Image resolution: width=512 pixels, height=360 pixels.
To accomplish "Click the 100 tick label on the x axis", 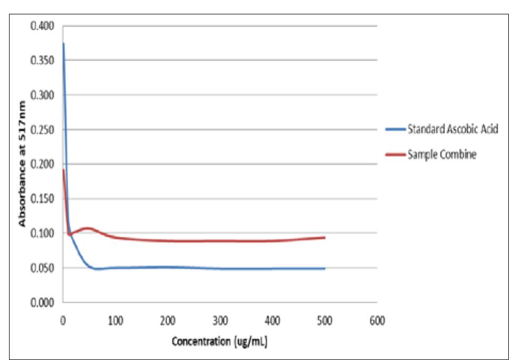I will tap(115, 321).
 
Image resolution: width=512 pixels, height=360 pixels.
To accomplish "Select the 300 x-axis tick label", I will tap(220, 321).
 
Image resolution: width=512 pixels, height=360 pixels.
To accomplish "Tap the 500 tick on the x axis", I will tap(325, 321).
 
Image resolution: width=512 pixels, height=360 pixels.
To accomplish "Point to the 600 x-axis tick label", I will tap(377, 321).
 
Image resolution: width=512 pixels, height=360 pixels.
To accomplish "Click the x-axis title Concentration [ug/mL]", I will tap(219, 341).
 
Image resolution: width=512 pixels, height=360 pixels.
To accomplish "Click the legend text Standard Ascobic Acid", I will tap(452, 129).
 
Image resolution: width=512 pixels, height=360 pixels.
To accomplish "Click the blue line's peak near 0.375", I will tap(63, 44).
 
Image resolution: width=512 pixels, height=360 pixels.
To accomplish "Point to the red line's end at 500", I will tap(325, 237).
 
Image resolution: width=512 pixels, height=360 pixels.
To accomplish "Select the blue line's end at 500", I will tap(325, 269).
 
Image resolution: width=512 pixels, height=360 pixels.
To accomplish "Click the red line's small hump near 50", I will tap(88, 228).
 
